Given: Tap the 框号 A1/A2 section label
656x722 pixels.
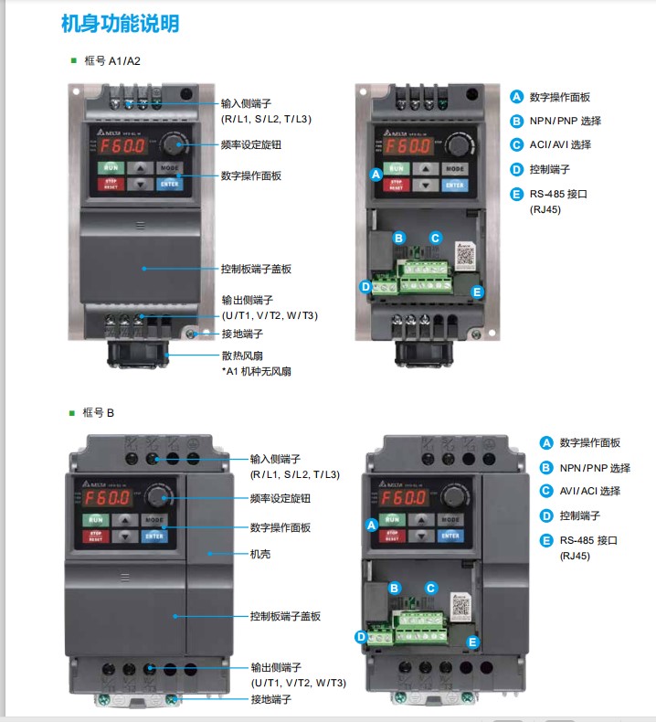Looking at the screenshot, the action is pyautogui.click(x=111, y=61).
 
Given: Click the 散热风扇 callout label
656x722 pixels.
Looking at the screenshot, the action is pyautogui.click(x=247, y=356).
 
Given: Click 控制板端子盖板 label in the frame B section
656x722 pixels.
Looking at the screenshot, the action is pyautogui.click(x=285, y=616).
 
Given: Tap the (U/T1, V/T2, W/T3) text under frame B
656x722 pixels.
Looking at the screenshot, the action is pyautogui.click(x=299, y=683).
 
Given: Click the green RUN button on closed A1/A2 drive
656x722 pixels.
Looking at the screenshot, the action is pyautogui.click(x=111, y=167).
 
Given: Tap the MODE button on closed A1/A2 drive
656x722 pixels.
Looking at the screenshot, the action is pyautogui.click(x=169, y=167).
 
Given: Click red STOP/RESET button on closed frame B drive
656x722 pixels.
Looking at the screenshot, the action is pyautogui.click(x=96, y=536).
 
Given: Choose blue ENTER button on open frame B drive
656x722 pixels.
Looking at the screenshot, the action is pyautogui.click(x=450, y=535).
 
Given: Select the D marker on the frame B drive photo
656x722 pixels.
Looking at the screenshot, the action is pyautogui.click(x=361, y=636).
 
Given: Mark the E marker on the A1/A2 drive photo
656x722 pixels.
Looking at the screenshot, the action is pyautogui.click(x=476, y=292).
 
